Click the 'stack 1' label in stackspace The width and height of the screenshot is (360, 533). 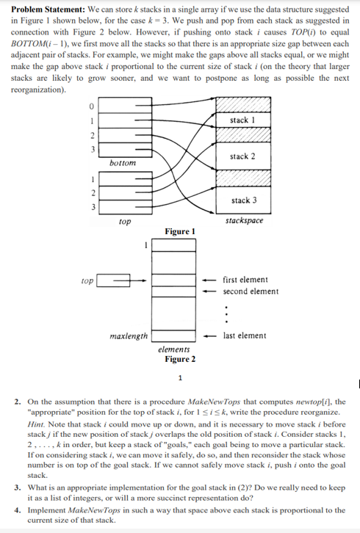(242, 120)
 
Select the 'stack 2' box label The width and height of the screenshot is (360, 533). (242, 156)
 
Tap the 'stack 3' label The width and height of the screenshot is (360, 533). (244, 200)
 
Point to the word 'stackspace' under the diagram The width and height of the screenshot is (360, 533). (245, 220)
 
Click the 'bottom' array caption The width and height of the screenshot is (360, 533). (123, 163)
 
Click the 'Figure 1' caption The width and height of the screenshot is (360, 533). (180, 231)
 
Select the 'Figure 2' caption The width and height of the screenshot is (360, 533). (180, 359)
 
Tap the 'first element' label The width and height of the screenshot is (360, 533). (245, 280)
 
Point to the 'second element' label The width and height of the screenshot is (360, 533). (251, 291)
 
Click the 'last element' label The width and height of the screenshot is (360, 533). (245, 336)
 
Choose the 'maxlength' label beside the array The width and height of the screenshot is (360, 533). (129, 336)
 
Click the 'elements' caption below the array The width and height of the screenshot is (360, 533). (173, 349)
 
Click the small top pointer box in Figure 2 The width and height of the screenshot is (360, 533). (113, 280)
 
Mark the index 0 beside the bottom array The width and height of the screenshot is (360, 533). (91, 106)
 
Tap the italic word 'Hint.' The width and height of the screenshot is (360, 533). (37, 424)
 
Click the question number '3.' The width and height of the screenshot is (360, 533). (18, 487)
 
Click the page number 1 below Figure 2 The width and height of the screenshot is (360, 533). (180, 377)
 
